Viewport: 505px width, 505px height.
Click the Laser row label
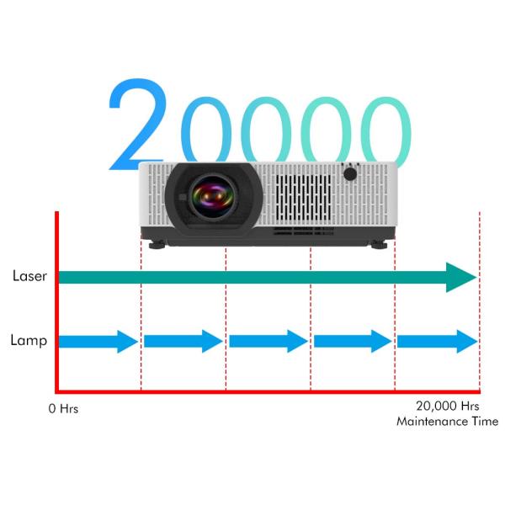[x=29, y=276]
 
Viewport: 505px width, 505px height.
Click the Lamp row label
[x=29, y=340]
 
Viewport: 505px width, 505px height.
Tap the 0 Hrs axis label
[x=63, y=409]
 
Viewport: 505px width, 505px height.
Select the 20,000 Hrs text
[x=448, y=407]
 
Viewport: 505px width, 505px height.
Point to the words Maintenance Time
[x=448, y=422]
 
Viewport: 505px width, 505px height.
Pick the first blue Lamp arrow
[x=98, y=342]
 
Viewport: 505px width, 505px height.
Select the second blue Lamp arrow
[x=183, y=341]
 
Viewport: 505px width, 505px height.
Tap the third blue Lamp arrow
[x=268, y=341]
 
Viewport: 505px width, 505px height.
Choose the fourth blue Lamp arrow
[x=353, y=341]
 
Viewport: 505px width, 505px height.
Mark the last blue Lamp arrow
[x=438, y=342]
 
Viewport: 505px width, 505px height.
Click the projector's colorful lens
[x=212, y=196]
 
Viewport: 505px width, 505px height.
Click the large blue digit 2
[x=137, y=124]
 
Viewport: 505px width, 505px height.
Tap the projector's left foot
[x=157, y=245]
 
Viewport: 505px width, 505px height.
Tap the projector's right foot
[x=379, y=244]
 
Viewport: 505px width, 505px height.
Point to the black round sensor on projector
[x=350, y=174]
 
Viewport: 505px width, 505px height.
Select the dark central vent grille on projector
[x=303, y=198]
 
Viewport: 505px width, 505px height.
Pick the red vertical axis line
[x=56, y=302]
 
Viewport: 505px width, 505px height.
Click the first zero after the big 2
[x=206, y=130]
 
